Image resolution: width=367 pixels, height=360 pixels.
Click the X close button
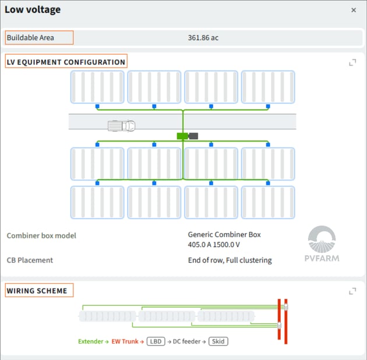click(354, 10)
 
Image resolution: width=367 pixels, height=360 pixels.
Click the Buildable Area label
click(30, 38)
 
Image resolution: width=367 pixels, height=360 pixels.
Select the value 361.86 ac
click(203, 38)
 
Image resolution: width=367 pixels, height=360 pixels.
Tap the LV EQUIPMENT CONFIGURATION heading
click(66, 62)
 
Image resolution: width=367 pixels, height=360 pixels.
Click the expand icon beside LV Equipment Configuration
click(352, 62)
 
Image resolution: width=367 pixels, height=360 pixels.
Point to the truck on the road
click(122, 126)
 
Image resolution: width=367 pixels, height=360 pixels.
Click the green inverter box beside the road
click(182, 136)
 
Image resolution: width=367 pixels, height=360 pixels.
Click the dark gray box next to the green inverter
click(193, 136)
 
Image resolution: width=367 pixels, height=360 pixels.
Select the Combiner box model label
click(41, 235)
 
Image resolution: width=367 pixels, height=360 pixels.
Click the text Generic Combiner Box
click(224, 235)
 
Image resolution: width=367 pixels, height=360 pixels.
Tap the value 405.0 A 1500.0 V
click(214, 245)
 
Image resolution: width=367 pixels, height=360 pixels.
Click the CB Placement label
click(30, 260)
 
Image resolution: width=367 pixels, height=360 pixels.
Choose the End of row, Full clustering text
click(230, 260)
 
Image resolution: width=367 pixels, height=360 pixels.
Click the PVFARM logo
click(322, 243)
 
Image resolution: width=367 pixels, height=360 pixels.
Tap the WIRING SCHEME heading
click(37, 291)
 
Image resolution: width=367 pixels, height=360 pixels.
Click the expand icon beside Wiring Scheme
click(352, 291)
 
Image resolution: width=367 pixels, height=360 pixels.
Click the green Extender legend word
click(90, 341)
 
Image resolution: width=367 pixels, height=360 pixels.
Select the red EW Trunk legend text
click(125, 341)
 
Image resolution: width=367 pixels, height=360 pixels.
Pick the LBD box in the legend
click(156, 341)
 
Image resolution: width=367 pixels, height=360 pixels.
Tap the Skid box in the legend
click(218, 341)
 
